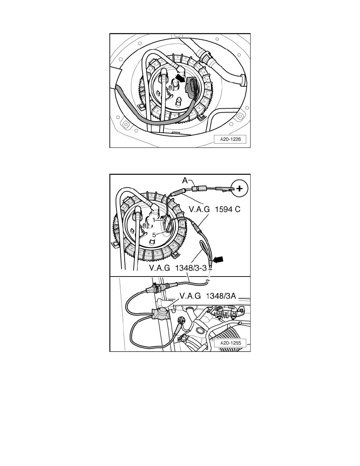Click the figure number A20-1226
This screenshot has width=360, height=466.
pyautogui.click(x=230, y=139)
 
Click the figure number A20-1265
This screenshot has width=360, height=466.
pyautogui.click(x=230, y=343)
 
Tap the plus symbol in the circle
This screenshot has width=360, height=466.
pyautogui.click(x=239, y=188)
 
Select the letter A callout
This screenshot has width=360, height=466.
pyautogui.click(x=185, y=180)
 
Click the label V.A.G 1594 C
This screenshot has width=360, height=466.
pyautogui.click(x=215, y=209)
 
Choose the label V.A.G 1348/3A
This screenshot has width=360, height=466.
pyautogui.click(x=207, y=296)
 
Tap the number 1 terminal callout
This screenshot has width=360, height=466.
pyautogui.click(x=154, y=220)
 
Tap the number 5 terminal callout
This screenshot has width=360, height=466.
pyautogui.click(x=154, y=235)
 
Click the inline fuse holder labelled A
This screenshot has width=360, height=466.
pyautogui.click(x=198, y=188)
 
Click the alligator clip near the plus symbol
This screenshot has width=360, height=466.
pyautogui.click(x=225, y=188)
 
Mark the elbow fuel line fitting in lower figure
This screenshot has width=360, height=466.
pyautogui.click(x=155, y=209)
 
